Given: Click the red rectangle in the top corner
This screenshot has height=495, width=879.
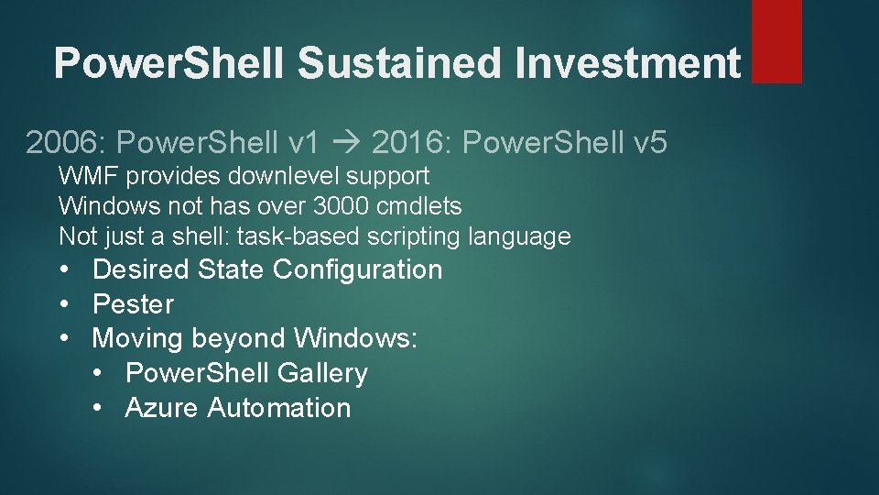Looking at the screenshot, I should pos(776,41).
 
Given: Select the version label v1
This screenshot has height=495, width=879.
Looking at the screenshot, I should pos(303,142).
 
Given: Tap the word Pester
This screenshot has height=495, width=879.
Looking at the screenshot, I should pos(133,304).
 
